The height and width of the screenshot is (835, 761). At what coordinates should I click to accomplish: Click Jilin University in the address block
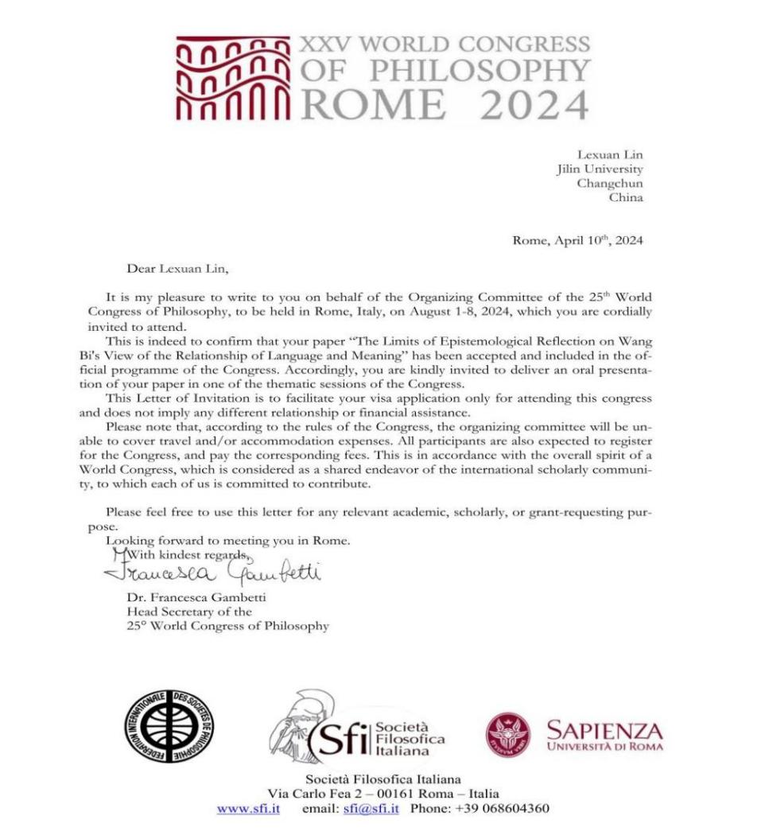tap(599, 169)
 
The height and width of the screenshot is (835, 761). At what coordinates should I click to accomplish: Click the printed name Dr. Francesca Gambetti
tap(191, 597)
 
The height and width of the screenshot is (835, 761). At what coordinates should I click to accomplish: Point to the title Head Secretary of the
tap(189, 612)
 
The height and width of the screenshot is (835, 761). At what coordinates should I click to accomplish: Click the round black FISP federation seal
tap(169, 727)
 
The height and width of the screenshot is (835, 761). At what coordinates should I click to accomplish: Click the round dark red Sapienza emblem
tap(508, 734)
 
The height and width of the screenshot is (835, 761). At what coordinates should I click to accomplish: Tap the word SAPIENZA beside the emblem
tap(604, 730)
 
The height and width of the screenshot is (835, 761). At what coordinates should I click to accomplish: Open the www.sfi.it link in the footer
tap(248, 808)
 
